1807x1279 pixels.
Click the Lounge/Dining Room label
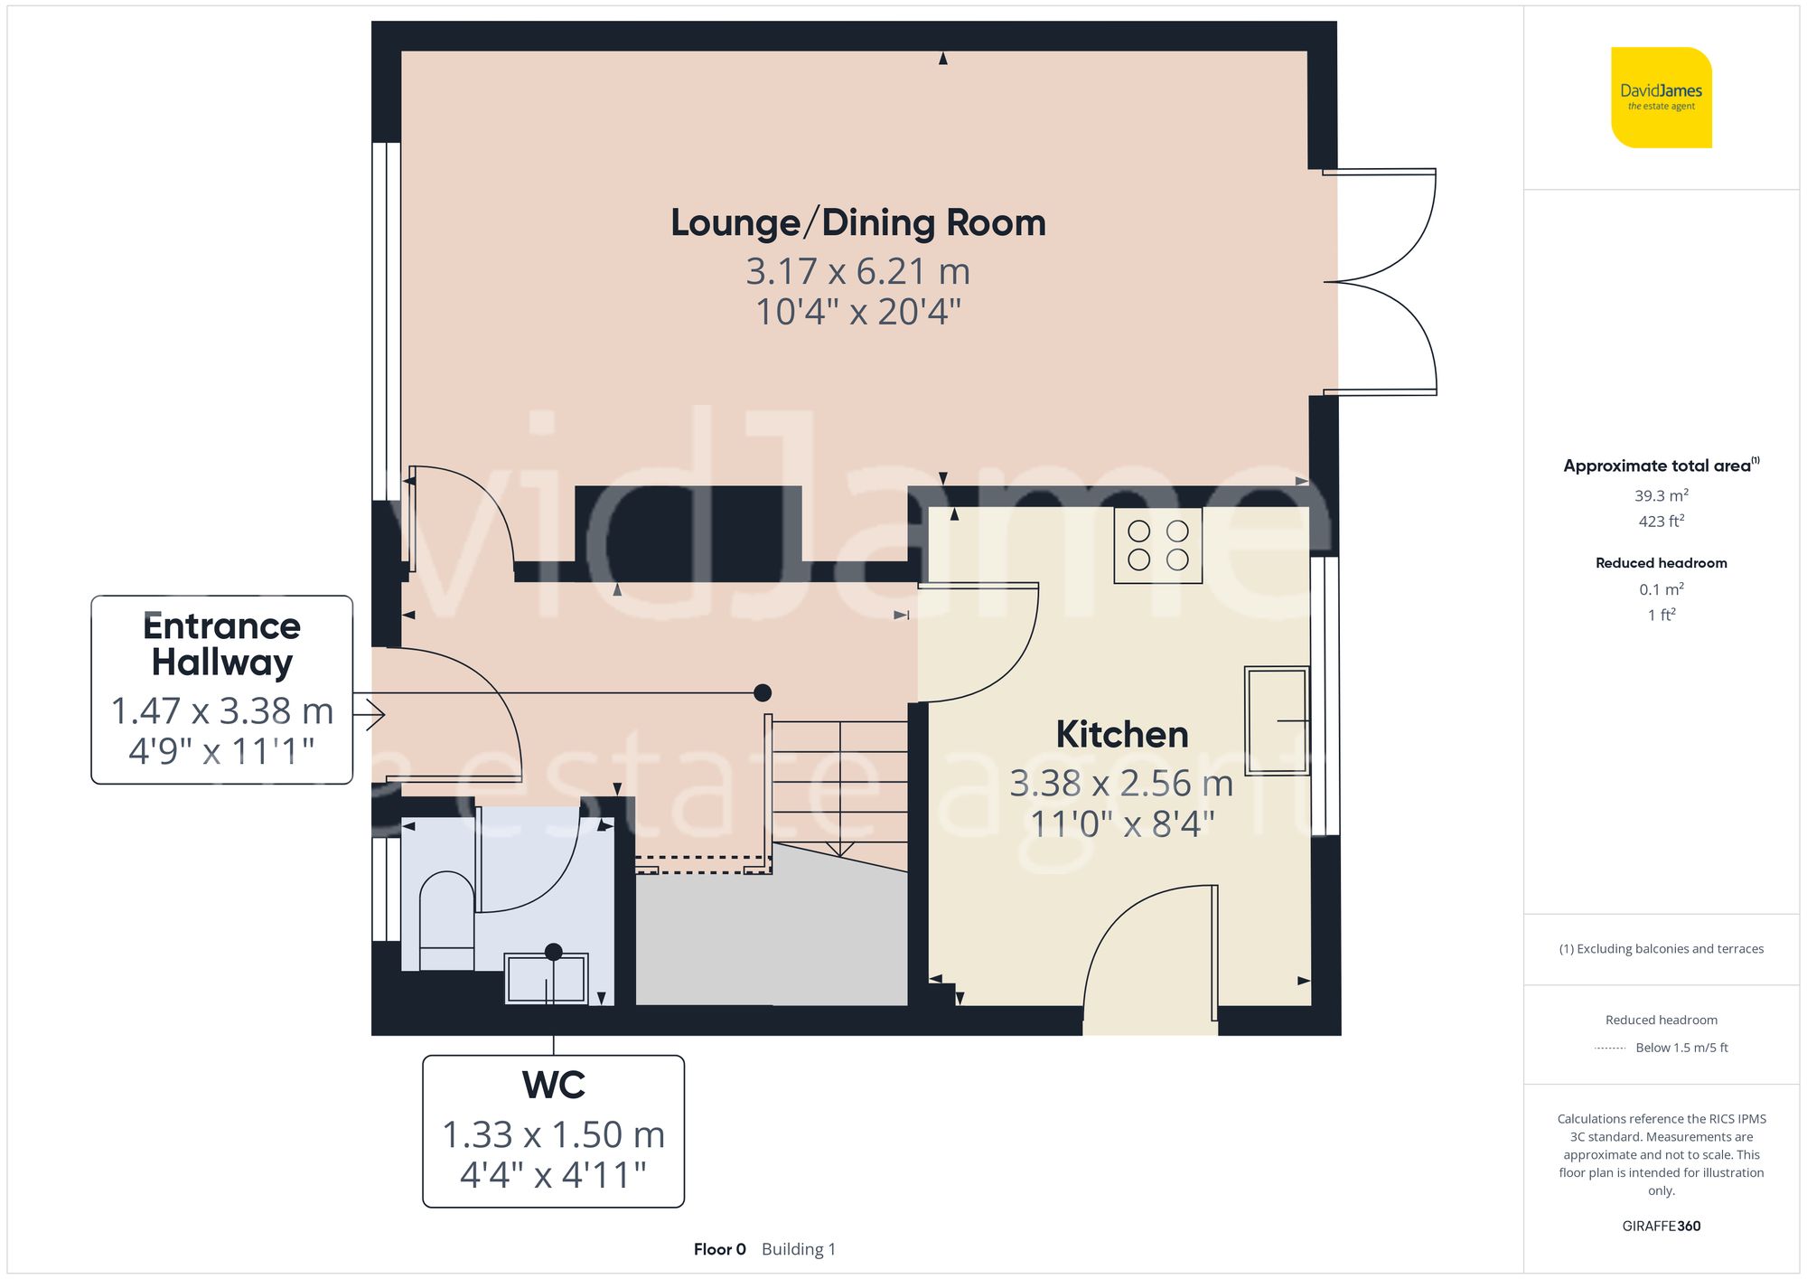click(857, 222)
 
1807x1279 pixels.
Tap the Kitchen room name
click(1121, 734)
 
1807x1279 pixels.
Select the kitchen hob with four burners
click(1157, 545)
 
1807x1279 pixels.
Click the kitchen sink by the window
click(1276, 720)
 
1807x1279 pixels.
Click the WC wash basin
click(546, 978)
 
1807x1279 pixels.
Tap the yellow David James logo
click(1661, 98)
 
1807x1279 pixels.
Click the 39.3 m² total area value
click(1661, 495)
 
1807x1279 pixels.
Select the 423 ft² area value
click(1661, 522)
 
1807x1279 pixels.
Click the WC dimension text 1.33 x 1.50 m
click(553, 1135)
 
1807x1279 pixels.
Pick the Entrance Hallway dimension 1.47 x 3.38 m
click(221, 711)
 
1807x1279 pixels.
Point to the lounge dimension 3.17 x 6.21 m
click(857, 271)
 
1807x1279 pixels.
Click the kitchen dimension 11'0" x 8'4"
click(1121, 824)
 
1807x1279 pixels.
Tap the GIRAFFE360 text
click(1661, 1227)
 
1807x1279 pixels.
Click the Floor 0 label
click(719, 1249)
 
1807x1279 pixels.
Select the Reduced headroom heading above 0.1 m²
click(1661, 563)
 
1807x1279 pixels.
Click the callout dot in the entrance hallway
click(763, 692)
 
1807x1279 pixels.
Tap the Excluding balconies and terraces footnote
click(1661, 949)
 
